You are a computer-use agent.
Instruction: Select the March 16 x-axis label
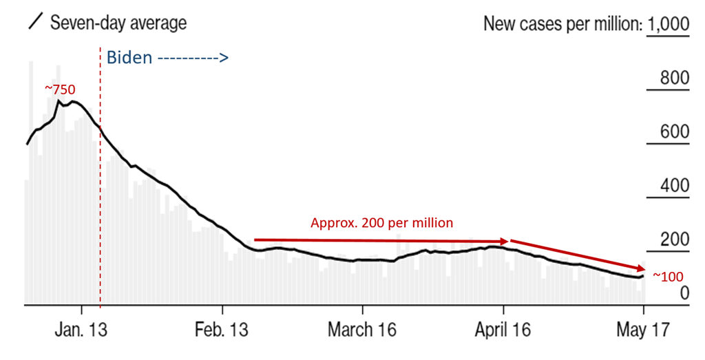coord(363,330)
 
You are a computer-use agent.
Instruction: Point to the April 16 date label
coord(503,330)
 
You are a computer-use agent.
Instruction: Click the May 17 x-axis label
coord(643,330)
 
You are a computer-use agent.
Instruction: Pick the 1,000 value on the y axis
coord(668,24)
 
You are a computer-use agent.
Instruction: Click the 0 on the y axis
coord(684,294)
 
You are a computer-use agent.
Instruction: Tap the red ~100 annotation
coord(667,277)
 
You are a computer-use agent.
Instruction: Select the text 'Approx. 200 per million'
coord(382,223)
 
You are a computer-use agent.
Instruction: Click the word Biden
coord(129,58)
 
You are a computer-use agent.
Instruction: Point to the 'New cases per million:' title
coord(562,24)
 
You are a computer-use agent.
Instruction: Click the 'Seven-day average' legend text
coord(118,23)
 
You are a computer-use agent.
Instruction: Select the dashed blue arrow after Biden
coord(193,59)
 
